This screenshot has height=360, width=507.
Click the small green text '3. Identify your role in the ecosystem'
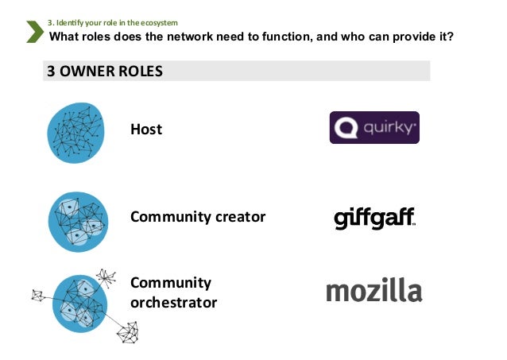coord(114,21)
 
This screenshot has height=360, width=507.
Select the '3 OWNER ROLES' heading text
coord(104,71)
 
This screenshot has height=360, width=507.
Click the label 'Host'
coord(146,129)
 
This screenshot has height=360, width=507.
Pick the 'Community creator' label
coord(198,216)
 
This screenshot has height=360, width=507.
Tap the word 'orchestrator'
coord(173,303)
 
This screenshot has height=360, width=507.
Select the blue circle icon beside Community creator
coord(77,220)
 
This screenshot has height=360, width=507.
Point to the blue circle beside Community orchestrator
coord(79,303)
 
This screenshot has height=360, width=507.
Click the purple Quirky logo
coord(374,127)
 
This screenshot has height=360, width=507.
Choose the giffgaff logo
coord(374,219)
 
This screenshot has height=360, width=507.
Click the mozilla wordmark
coord(373,291)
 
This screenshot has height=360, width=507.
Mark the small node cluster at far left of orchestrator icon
coord(37,296)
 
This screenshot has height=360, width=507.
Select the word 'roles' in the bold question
coord(102,36)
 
